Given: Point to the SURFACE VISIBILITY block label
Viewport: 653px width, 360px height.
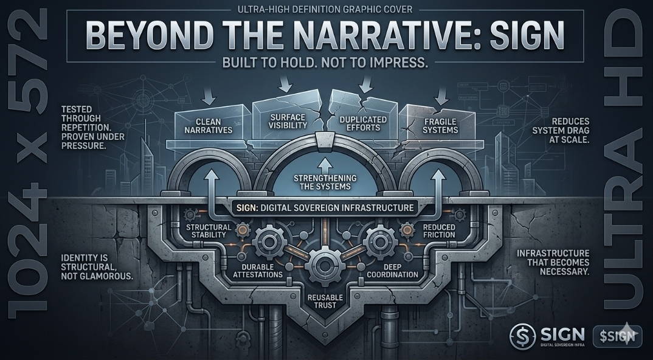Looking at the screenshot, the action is click(287, 121).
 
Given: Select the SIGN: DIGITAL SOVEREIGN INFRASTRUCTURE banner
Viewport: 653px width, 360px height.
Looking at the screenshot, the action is click(323, 208).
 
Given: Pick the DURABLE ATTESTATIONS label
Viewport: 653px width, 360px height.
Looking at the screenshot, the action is click(258, 271).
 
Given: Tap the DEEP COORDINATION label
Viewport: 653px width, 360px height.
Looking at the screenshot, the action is click(392, 271).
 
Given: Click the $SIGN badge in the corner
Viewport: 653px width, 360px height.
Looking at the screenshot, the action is click(616, 336).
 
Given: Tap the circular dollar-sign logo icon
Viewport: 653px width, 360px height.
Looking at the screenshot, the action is click(522, 335).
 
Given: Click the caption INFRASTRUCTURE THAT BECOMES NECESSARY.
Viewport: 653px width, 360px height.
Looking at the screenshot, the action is click(553, 262).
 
